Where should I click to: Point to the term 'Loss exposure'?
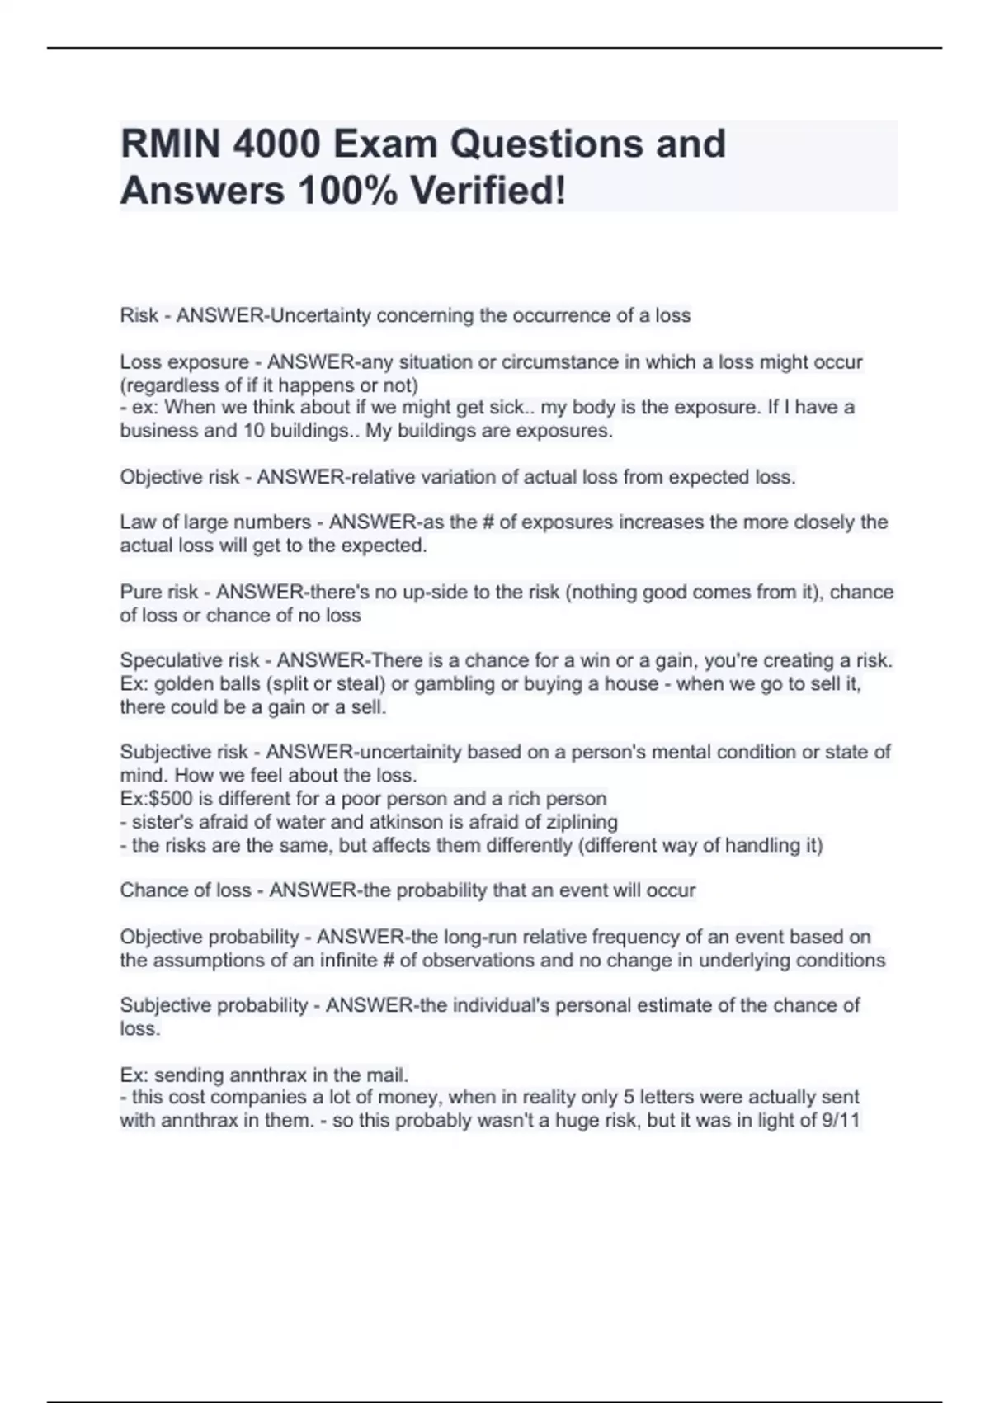pos(184,361)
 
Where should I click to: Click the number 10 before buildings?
pos(252,430)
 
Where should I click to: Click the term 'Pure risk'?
pos(158,592)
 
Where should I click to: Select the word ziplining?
pos(582,822)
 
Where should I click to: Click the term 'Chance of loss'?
pos(185,890)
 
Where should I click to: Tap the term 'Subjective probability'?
pos(214,1005)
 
